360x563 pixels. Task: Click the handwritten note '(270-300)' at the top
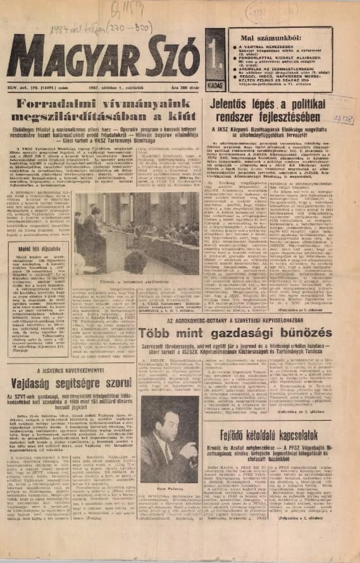pos(123,31)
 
